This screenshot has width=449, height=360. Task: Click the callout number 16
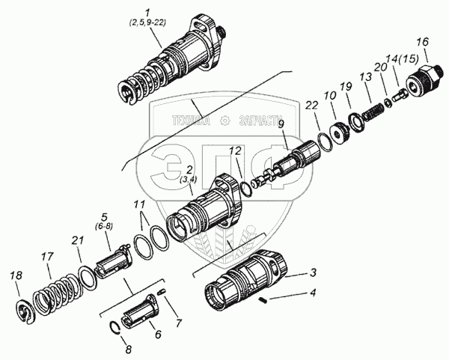click(x=422, y=41)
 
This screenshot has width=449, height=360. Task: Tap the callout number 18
click(x=16, y=278)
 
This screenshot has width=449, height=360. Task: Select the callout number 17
click(x=47, y=257)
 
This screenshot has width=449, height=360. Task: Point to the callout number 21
click(x=76, y=240)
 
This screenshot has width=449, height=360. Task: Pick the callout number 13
click(x=365, y=79)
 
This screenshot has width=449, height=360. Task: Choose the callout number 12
click(x=235, y=152)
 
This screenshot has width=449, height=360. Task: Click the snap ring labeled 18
click(x=28, y=309)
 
